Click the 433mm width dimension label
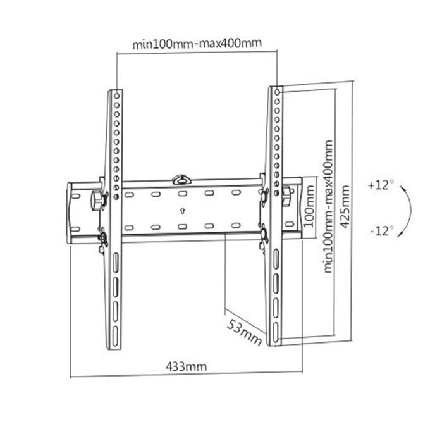click(x=186, y=366)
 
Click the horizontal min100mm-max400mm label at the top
click(x=197, y=44)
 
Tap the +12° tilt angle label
click(x=380, y=185)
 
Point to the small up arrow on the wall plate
click(x=182, y=211)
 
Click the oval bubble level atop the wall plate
click(x=181, y=178)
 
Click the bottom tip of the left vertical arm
click(x=114, y=347)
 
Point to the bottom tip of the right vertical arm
click(x=274, y=344)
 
